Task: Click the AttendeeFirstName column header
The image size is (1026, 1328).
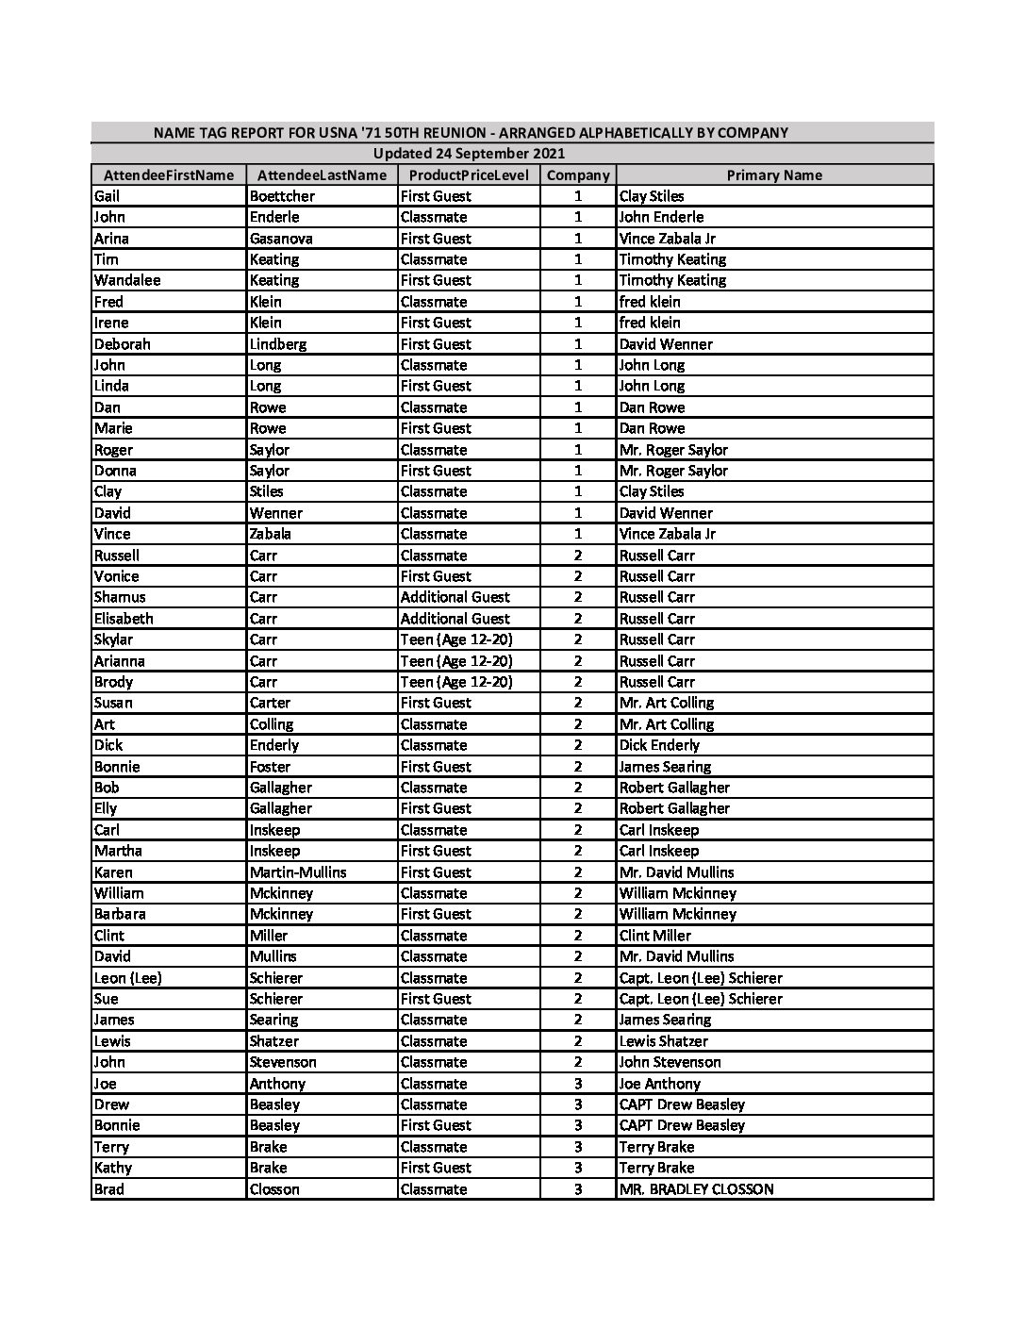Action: pyautogui.click(x=168, y=175)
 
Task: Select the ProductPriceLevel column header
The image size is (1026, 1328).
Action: pyautogui.click(x=469, y=175)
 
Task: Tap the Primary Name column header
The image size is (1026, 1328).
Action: pyautogui.click(x=774, y=175)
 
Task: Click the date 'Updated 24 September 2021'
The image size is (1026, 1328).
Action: pyautogui.click(x=469, y=154)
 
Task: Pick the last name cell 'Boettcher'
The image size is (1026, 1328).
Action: pyautogui.click(x=282, y=196)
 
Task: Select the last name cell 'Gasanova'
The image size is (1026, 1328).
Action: pyautogui.click(x=281, y=239)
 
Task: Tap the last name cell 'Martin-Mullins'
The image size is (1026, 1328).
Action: pyautogui.click(x=298, y=872)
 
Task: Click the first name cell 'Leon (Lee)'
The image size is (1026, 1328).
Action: pyautogui.click(x=128, y=978)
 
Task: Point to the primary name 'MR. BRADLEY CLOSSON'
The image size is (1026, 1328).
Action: pyautogui.click(x=696, y=1189)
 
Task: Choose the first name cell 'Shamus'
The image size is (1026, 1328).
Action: pyautogui.click(x=120, y=597)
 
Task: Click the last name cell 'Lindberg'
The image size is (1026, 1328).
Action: pyautogui.click(x=278, y=344)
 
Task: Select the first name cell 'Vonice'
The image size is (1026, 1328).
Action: pyautogui.click(x=116, y=576)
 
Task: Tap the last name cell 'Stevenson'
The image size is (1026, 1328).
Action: pyautogui.click(x=283, y=1062)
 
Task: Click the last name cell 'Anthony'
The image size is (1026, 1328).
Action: pyautogui.click(x=277, y=1084)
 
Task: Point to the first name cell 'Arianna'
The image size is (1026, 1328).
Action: pyautogui.click(x=119, y=661)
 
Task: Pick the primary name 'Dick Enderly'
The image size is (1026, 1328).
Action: pyautogui.click(x=659, y=745)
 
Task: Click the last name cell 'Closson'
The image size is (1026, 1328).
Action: pyautogui.click(x=274, y=1189)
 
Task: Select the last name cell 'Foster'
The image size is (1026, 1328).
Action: pyautogui.click(x=271, y=767)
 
